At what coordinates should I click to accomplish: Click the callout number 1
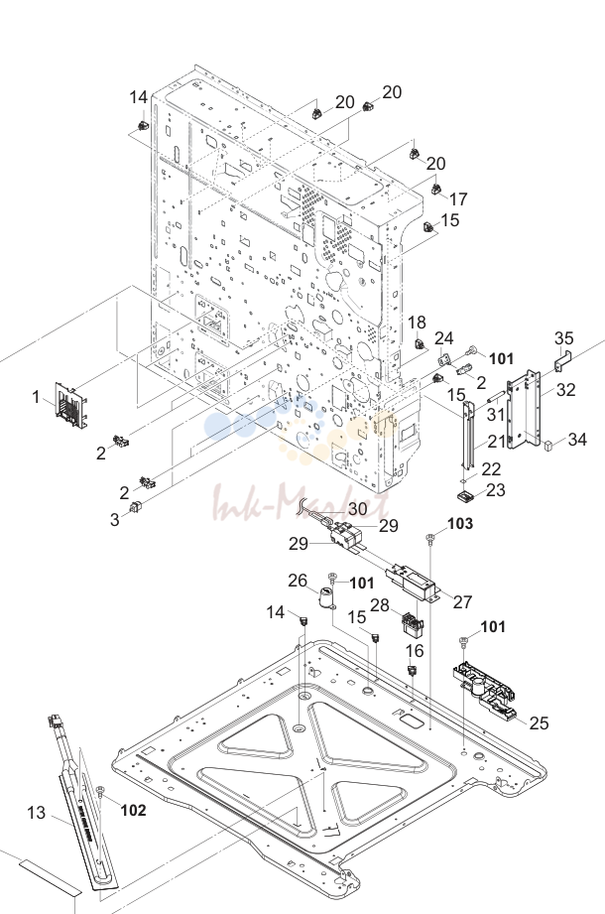(x=36, y=397)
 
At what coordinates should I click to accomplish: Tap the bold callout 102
(x=133, y=810)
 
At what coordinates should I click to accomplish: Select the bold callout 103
(x=460, y=523)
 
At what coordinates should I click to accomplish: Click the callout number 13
(x=36, y=812)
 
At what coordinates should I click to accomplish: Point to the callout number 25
(x=539, y=722)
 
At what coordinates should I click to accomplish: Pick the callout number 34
(x=577, y=439)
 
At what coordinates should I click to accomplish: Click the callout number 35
(x=563, y=338)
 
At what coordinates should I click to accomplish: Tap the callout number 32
(x=565, y=389)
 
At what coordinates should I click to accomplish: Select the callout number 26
(x=298, y=581)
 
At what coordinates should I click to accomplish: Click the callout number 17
(x=458, y=199)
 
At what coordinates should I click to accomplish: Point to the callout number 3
(x=115, y=519)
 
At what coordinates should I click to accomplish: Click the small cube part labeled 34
(x=547, y=446)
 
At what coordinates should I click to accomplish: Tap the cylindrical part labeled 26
(x=326, y=597)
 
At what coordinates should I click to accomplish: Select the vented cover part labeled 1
(x=70, y=404)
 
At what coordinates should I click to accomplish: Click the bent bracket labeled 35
(x=562, y=361)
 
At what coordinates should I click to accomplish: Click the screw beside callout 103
(x=430, y=538)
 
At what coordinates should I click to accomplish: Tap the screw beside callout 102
(x=100, y=790)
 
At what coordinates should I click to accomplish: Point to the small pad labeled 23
(x=466, y=496)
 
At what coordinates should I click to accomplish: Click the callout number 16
(x=415, y=651)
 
